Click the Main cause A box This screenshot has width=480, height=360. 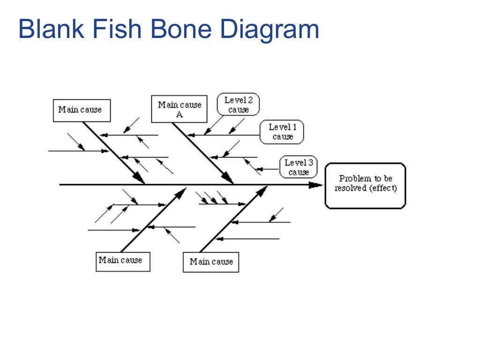(179, 109)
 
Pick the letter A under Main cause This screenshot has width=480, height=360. (180, 114)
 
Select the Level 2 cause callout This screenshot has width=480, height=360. (238, 104)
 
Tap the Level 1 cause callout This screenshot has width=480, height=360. (282, 132)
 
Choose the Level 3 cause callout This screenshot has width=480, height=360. (298, 167)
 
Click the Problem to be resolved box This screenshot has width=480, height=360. (365, 185)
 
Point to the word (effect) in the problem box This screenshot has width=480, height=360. (383, 189)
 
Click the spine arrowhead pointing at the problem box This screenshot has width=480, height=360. (317, 185)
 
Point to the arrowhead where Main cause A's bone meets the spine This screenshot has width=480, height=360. (228, 178)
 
